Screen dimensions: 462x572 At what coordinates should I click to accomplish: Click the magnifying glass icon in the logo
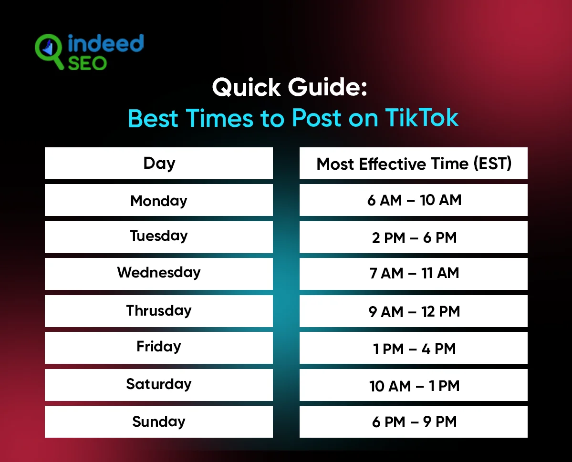(x=49, y=49)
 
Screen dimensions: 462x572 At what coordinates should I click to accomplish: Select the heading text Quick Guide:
(x=289, y=88)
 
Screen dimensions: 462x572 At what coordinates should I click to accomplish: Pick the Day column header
(x=159, y=164)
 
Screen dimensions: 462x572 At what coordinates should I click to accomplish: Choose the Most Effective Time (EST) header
(x=414, y=164)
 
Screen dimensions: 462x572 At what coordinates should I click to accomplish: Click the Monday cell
(x=159, y=200)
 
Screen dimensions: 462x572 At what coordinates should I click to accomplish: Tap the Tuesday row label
(x=159, y=236)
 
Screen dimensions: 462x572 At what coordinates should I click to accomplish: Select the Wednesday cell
(x=159, y=273)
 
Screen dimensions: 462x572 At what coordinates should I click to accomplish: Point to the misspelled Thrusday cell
(x=159, y=310)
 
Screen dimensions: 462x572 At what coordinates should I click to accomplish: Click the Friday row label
(x=159, y=347)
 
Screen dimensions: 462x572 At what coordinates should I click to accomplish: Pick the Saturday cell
(x=159, y=384)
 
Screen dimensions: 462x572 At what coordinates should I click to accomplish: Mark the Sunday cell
(x=159, y=421)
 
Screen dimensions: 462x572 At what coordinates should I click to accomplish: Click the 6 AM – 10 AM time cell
(x=414, y=200)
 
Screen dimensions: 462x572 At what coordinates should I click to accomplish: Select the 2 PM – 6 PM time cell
(x=414, y=237)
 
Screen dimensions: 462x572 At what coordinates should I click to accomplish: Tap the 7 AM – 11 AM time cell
(x=414, y=274)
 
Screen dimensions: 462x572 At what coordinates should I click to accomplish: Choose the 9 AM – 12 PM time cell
(x=414, y=311)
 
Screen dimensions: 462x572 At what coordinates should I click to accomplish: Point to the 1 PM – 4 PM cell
(x=414, y=348)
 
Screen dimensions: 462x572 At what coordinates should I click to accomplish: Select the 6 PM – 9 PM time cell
(x=414, y=422)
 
